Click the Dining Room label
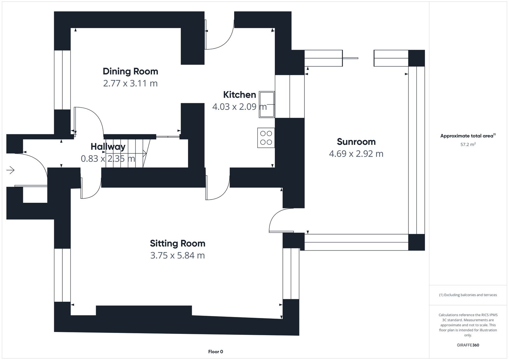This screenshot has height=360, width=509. pyautogui.click(x=130, y=71)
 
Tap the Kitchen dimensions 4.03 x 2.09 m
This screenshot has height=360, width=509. pyautogui.click(x=239, y=107)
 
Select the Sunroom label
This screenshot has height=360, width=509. pyautogui.click(x=356, y=142)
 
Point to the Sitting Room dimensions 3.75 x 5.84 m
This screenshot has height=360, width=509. pyautogui.click(x=177, y=255)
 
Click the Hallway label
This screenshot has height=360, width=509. pyautogui.click(x=108, y=147)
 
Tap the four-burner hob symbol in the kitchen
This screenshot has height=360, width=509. pyautogui.click(x=266, y=138)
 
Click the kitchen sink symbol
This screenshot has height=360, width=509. pyautogui.click(x=267, y=104)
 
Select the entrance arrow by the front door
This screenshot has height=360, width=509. pyautogui.click(x=10, y=171)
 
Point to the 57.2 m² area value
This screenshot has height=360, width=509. pyautogui.click(x=468, y=145)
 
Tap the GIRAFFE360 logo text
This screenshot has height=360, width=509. pyautogui.click(x=468, y=345)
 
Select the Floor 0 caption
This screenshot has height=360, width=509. pyautogui.click(x=215, y=352)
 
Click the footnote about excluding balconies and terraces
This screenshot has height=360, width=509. pyautogui.click(x=468, y=295)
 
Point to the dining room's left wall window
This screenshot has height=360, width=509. pyautogui.click(x=62, y=80)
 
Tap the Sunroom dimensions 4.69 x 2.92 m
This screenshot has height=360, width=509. pyautogui.click(x=356, y=154)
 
